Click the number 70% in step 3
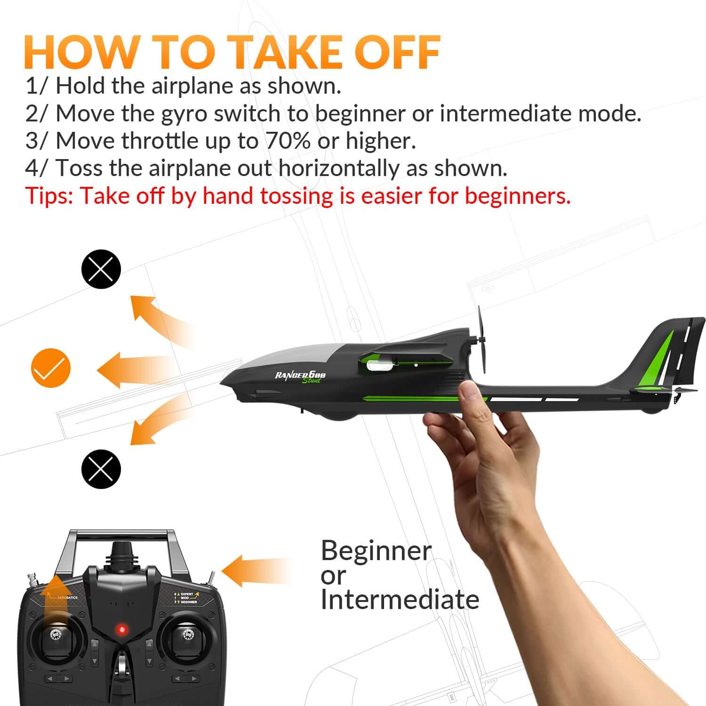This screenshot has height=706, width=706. click(288, 141)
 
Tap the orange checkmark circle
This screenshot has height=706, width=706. click(51, 368)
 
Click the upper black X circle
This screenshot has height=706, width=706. click(101, 269)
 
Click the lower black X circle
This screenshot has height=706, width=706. click(101, 469)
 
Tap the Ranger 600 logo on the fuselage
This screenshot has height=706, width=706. click(300, 376)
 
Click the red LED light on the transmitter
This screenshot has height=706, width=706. click(122, 630)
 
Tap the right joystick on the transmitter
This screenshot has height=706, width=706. click(187, 635)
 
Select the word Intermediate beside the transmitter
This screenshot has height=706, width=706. click(400, 600)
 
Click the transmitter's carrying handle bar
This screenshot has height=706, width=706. click(122, 535)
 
